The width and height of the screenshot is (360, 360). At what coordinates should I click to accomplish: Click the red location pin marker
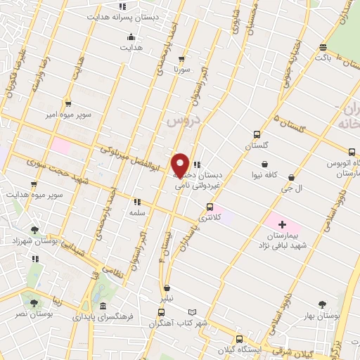point(181,165)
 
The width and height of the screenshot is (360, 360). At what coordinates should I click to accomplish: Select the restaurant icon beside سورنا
point(182,59)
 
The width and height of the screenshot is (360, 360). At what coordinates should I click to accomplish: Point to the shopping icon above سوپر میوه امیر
point(68,103)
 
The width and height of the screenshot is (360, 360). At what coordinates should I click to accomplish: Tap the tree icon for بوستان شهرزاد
point(34,229)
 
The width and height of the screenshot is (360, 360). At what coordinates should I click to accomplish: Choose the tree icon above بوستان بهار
point(322,304)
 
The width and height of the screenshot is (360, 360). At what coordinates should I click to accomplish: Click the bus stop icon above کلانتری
point(210,207)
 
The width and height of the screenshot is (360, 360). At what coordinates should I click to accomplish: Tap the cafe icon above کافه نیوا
point(264,164)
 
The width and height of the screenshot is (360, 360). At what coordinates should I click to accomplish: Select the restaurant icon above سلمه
point(137,201)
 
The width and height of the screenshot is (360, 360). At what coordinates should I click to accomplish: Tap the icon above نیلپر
point(167,287)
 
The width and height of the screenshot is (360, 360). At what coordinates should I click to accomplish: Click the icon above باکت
point(323,48)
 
